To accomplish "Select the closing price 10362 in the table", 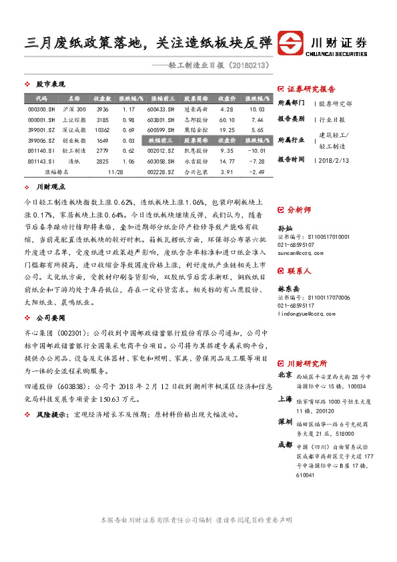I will tap(102, 129).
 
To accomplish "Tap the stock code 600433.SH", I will tap(161, 109).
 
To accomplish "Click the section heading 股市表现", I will tap(50, 85).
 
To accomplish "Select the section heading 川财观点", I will tap(50, 188).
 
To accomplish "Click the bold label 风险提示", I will tap(53, 414).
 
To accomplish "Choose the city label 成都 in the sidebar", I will tap(285, 445).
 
